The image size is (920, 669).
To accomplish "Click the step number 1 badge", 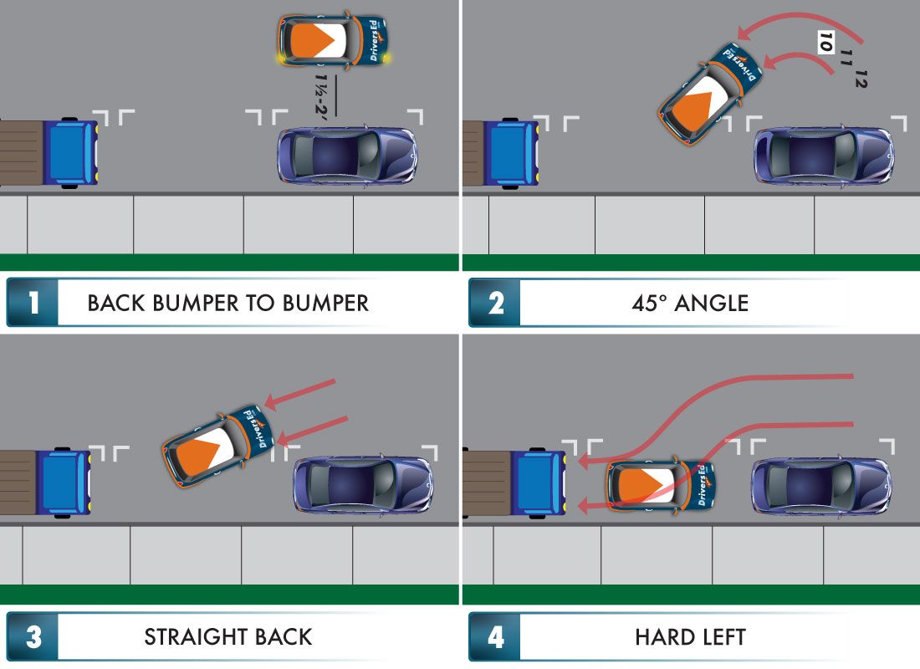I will (x=33, y=302).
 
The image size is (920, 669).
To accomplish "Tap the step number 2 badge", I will (x=495, y=302).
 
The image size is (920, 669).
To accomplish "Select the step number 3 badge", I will (x=33, y=636).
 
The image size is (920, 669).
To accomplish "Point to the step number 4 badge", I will (x=495, y=636).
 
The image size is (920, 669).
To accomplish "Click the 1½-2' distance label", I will (x=321, y=94).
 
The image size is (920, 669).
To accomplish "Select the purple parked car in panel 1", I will (x=347, y=156).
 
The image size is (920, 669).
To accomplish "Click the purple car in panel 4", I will (x=821, y=487).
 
